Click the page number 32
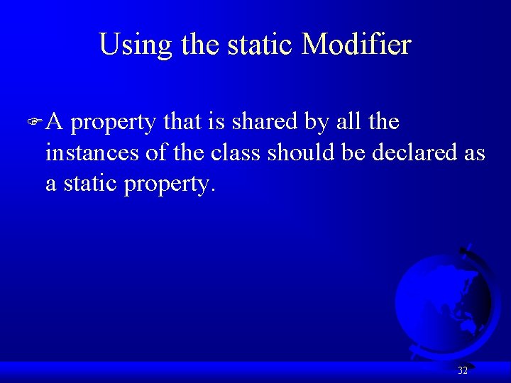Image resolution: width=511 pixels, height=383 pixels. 463,370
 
